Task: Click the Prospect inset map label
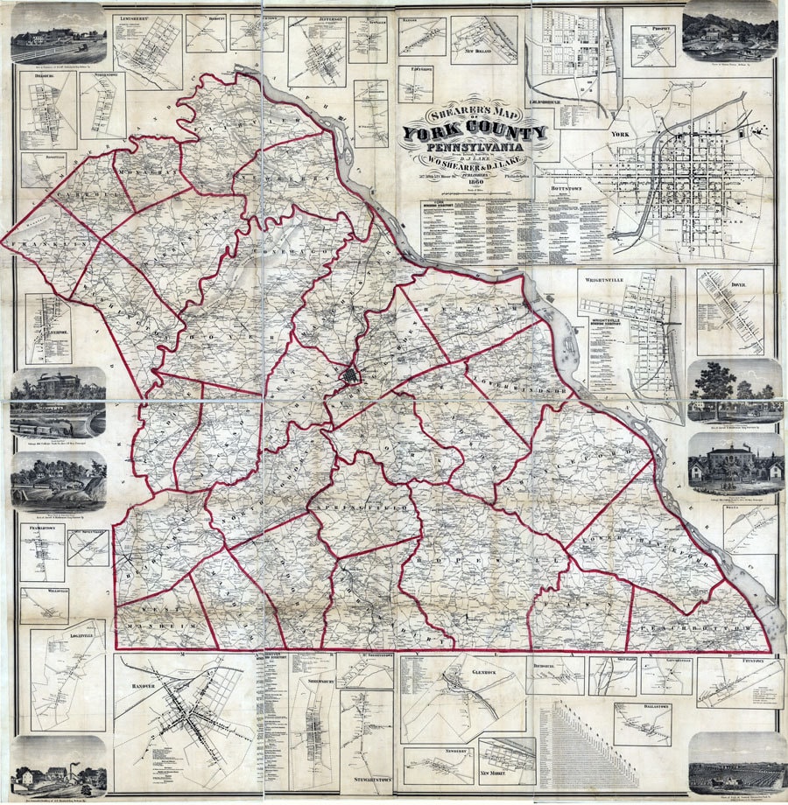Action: tap(662, 29)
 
